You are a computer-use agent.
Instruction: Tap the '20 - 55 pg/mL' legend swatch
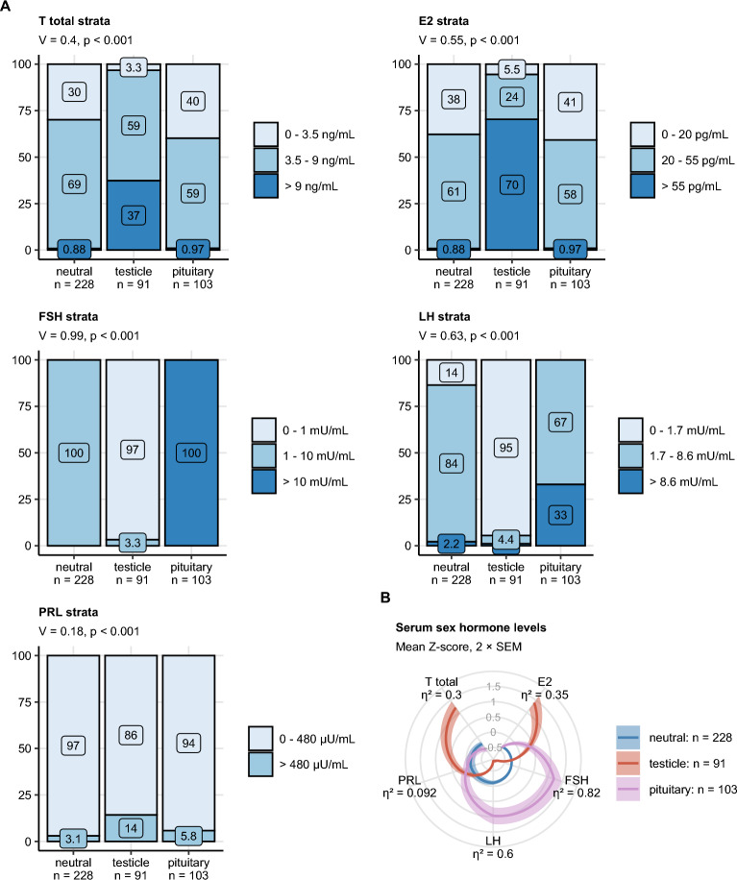pyautogui.click(x=645, y=159)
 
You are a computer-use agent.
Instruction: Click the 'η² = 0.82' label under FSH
pyautogui.click(x=576, y=794)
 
